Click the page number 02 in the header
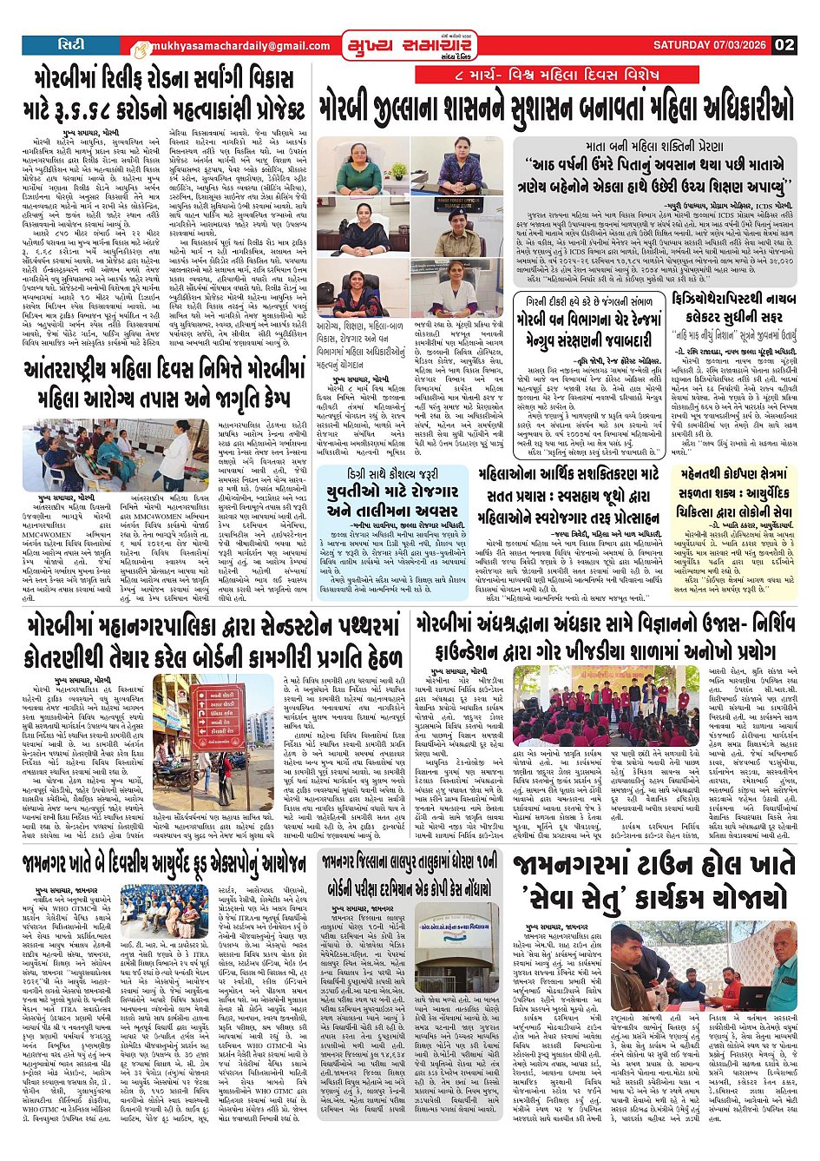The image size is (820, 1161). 784,45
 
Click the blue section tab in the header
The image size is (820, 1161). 71,44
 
